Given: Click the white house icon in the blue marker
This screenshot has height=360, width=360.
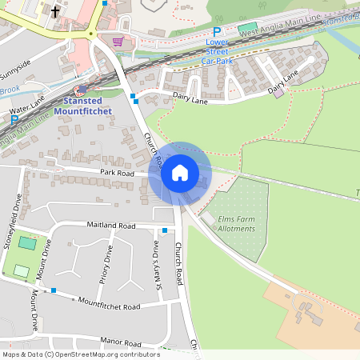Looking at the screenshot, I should [x=180, y=173].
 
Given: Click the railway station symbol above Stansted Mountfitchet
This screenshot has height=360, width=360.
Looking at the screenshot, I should [x=82, y=90].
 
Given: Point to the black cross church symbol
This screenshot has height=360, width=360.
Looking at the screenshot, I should [x=55, y=11].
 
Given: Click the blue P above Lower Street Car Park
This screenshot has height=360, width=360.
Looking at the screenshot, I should [x=216, y=30].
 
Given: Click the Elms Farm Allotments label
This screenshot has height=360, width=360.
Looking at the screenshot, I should [x=235, y=223].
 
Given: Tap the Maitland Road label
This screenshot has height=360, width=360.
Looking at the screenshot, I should [x=114, y=225].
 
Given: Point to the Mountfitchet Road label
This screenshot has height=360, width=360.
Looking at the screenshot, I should [x=108, y=304].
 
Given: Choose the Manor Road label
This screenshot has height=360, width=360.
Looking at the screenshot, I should [x=122, y=342].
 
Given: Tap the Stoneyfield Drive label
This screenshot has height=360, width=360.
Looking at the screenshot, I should [x=14, y=221].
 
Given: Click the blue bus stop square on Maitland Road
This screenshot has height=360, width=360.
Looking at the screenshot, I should [x=165, y=230].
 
